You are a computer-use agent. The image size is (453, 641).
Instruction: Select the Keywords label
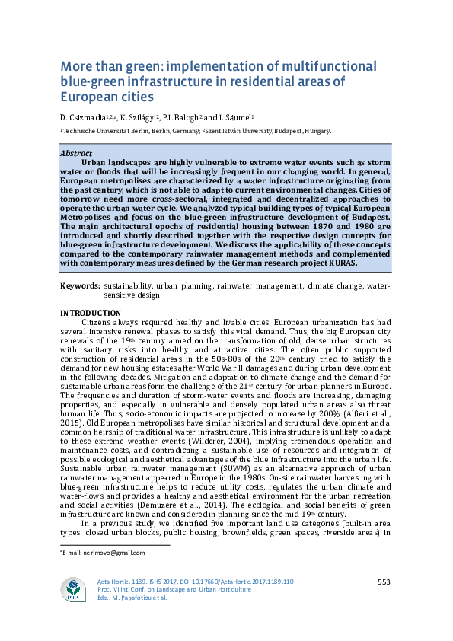(x=79, y=286)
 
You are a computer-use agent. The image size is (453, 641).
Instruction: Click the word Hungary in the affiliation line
(x=316, y=131)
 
